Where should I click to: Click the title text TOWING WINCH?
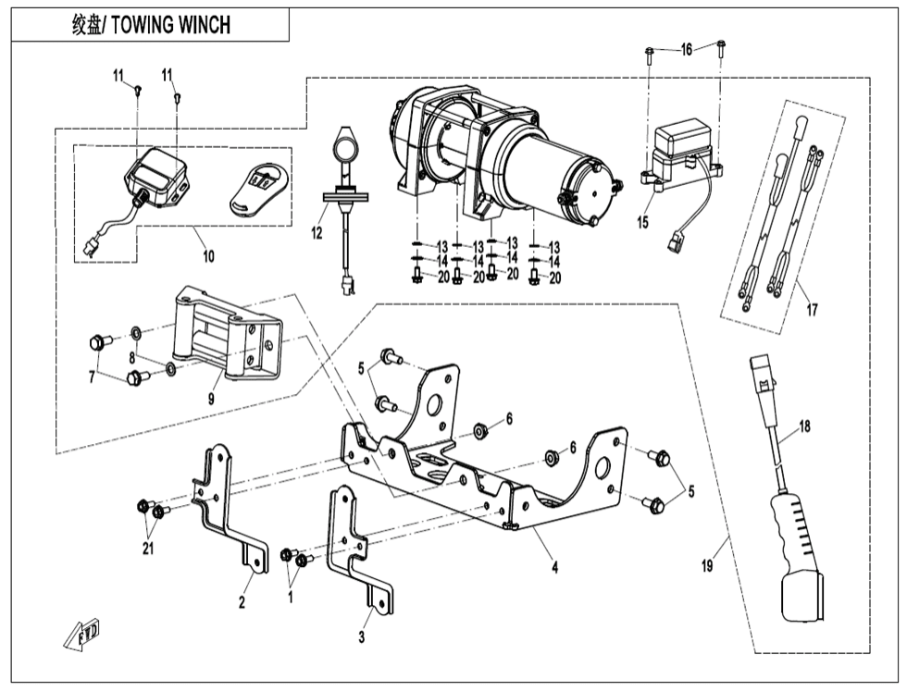[x=170, y=26]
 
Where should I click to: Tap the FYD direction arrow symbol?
[x=82, y=635]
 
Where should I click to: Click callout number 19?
[x=707, y=565]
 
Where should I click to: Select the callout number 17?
[x=813, y=310]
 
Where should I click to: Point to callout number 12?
[x=317, y=234]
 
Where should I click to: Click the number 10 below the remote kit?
[x=208, y=256]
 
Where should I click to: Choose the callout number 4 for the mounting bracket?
[x=554, y=567]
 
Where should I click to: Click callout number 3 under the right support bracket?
[x=362, y=637]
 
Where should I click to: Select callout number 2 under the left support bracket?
[x=242, y=602]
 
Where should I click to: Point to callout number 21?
[x=148, y=549]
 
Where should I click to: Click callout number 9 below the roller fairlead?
[x=211, y=399]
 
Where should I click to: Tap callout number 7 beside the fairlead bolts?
[x=92, y=377]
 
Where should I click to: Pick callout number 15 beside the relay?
[x=642, y=222]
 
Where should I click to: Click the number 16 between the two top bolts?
[x=686, y=50]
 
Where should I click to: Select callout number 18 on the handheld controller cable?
[x=804, y=426]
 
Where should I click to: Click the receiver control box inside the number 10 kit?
[x=156, y=177]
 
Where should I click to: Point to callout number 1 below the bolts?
[x=291, y=596]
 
